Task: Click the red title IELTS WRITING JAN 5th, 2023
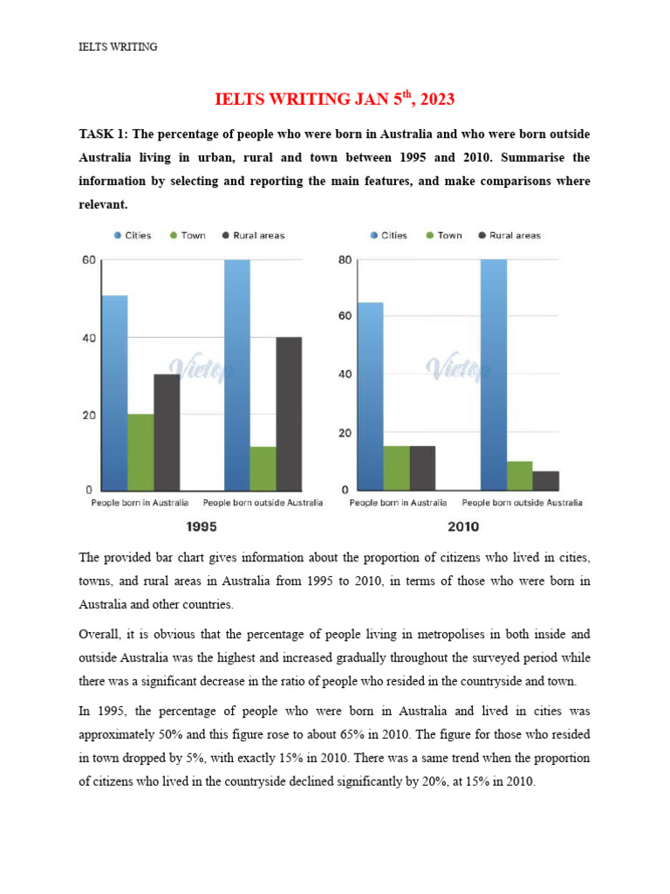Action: pyautogui.click(x=335, y=100)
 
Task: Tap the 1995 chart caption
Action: pyautogui.click(x=202, y=526)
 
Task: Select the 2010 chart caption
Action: pyautogui.click(x=461, y=526)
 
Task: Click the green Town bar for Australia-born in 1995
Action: pyautogui.click(x=140, y=451)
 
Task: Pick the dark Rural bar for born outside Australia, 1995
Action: pyautogui.click(x=289, y=413)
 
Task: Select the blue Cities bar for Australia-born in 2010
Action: pyautogui.click(x=371, y=395)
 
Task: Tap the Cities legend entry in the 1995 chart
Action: pyautogui.click(x=132, y=236)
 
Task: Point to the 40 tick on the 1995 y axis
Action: pyautogui.click(x=89, y=338)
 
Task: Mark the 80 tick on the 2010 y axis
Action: pyautogui.click(x=345, y=260)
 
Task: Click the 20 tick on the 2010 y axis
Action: pyautogui.click(x=345, y=433)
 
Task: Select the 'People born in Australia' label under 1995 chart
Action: pyautogui.click(x=140, y=503)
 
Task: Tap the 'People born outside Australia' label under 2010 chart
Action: pyautogui.click(x=523, y=503)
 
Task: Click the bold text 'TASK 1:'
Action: pyautogui.click(x=103, y=135)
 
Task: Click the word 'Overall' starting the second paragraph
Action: pyautogui.click(x=100, y=632)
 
